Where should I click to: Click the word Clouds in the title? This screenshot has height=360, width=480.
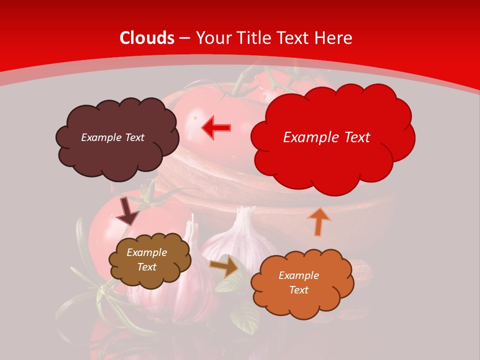[x=147, y=38]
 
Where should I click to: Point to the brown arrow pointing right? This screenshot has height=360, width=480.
[x=224, y=266]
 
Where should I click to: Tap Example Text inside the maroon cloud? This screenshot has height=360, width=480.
[x=112, y=137]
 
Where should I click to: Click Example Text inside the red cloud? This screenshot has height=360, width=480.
[x=326, y=137]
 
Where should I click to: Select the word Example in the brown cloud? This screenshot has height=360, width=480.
[x=146, y=252]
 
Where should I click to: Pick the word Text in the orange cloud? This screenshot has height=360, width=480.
[x=298, y=290]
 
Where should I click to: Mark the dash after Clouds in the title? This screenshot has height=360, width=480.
[x=185, y=38]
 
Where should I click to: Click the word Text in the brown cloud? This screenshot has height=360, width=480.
[x=146, y=267]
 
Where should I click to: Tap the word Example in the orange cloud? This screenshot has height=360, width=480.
[x=298, y=275]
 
